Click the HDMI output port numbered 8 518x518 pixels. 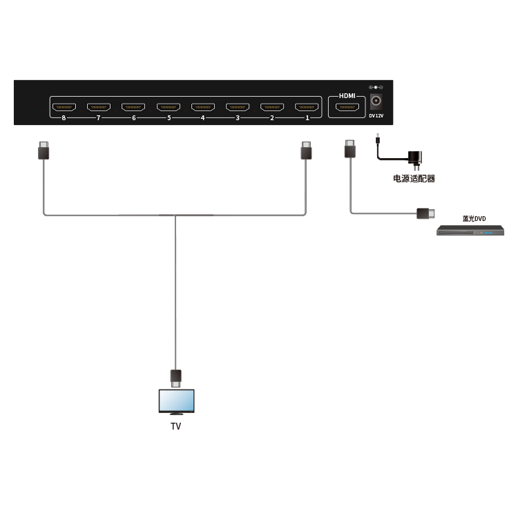64,107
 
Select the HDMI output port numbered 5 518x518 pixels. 169,107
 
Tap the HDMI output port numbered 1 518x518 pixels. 307,107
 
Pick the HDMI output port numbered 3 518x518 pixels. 238,107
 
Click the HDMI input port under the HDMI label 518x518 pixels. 347,107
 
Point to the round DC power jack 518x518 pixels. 376,100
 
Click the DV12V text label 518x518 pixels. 376,115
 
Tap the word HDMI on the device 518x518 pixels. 347,96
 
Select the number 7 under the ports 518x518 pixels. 99,118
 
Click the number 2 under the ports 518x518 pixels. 272,118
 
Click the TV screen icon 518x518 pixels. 176,402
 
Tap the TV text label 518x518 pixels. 176,426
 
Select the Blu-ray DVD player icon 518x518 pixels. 470,230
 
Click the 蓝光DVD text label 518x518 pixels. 474,219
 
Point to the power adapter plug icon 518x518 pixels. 415,160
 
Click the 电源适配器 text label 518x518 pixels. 414,179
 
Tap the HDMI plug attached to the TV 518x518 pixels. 175,378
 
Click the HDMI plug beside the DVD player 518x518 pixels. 425,213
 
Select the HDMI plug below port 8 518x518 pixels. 44,151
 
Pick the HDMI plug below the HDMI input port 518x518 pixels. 350,148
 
